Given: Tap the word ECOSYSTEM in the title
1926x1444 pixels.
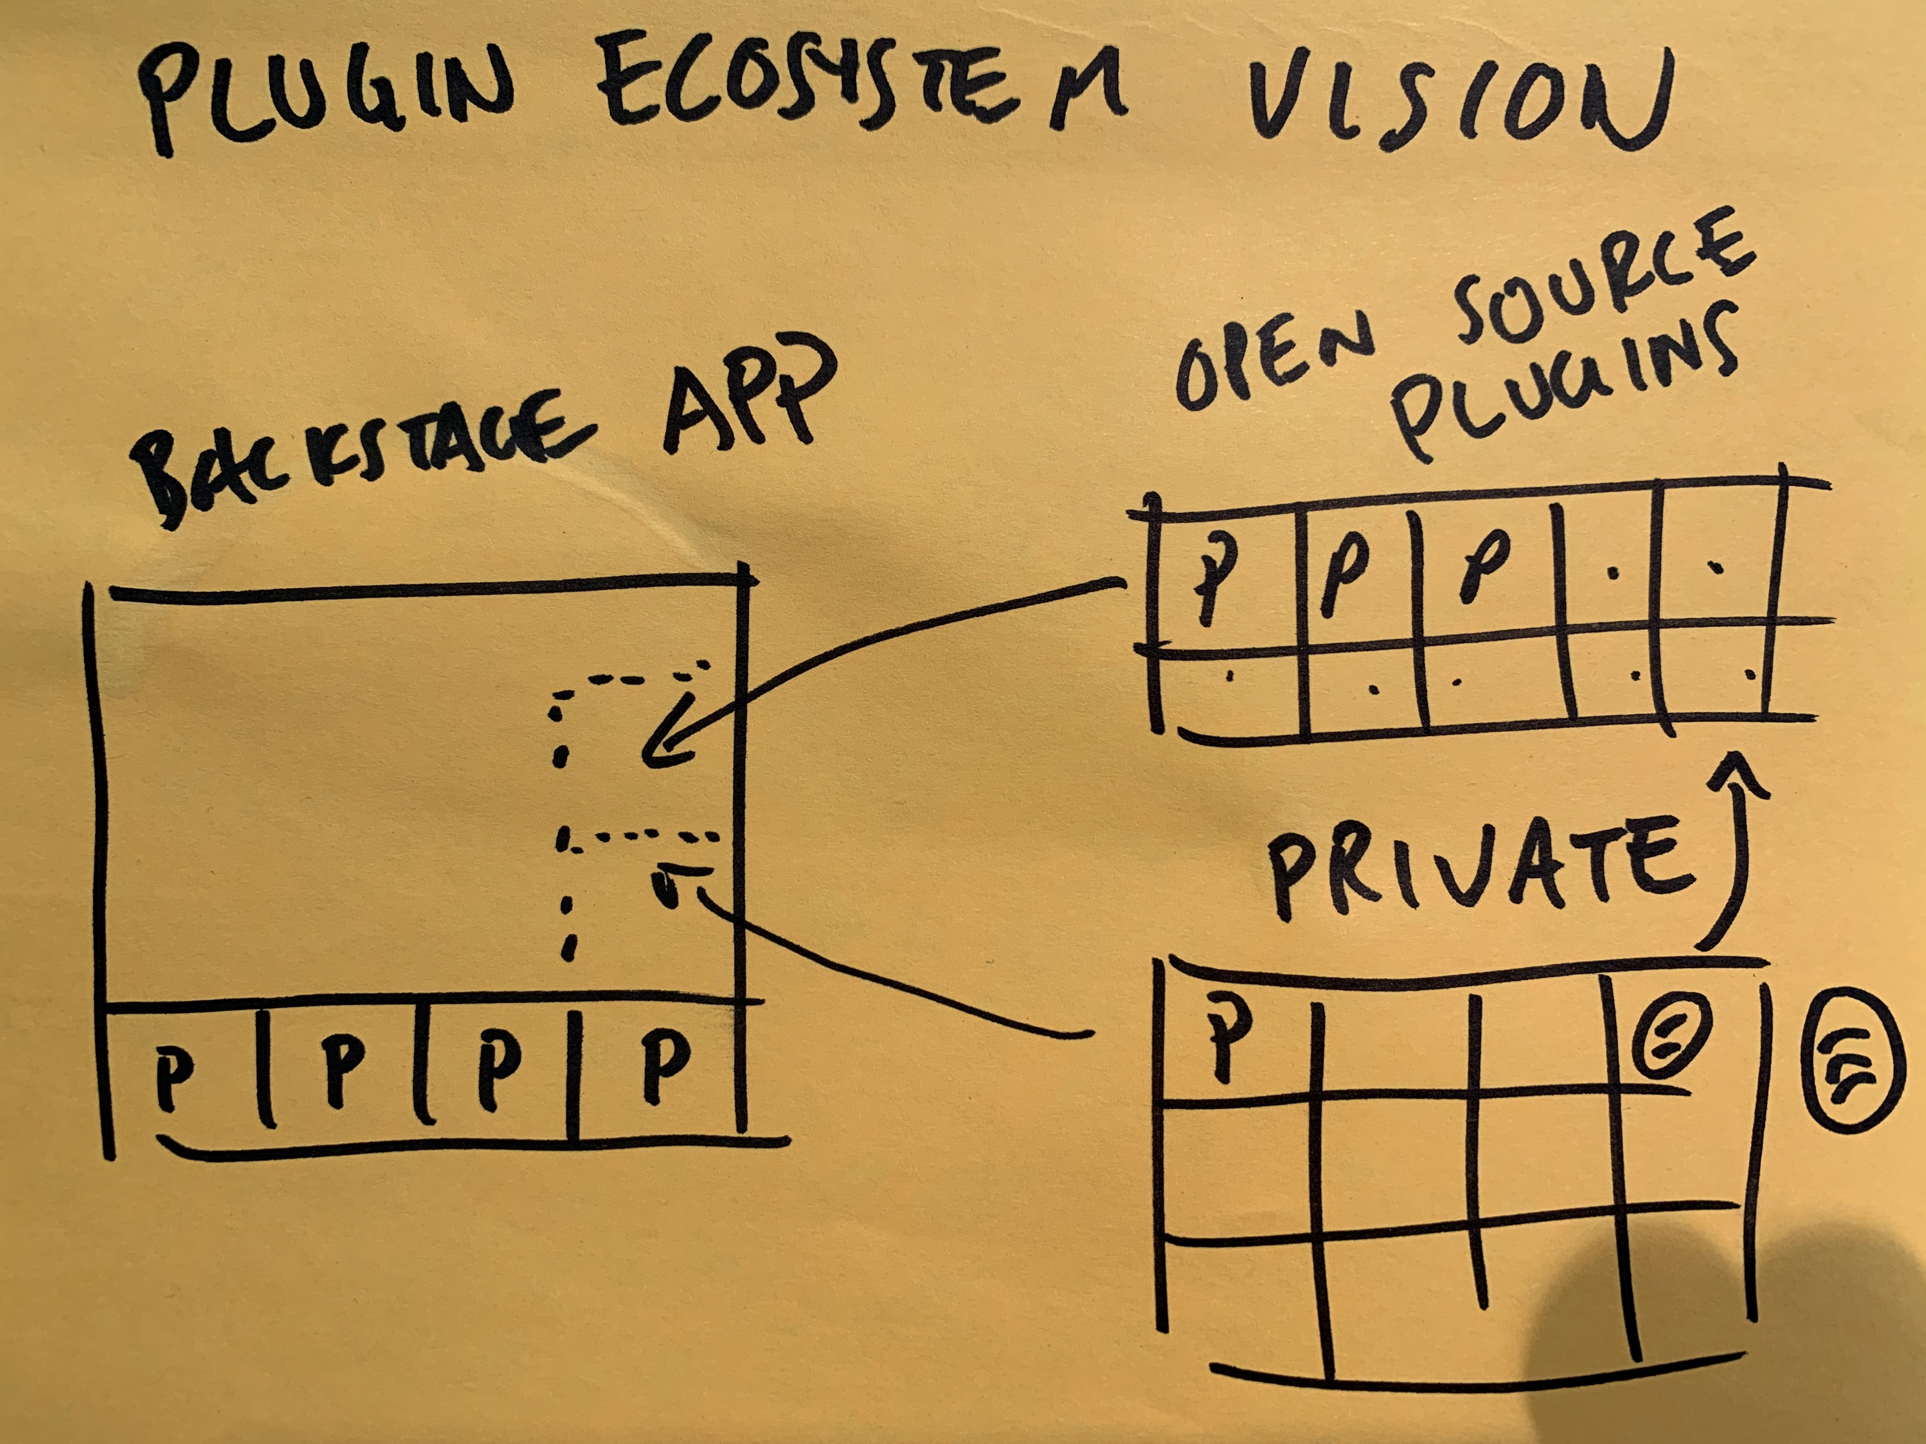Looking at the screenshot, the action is tap(862, 91).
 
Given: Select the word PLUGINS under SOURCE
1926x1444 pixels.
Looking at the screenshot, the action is tap(1559, 383).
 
